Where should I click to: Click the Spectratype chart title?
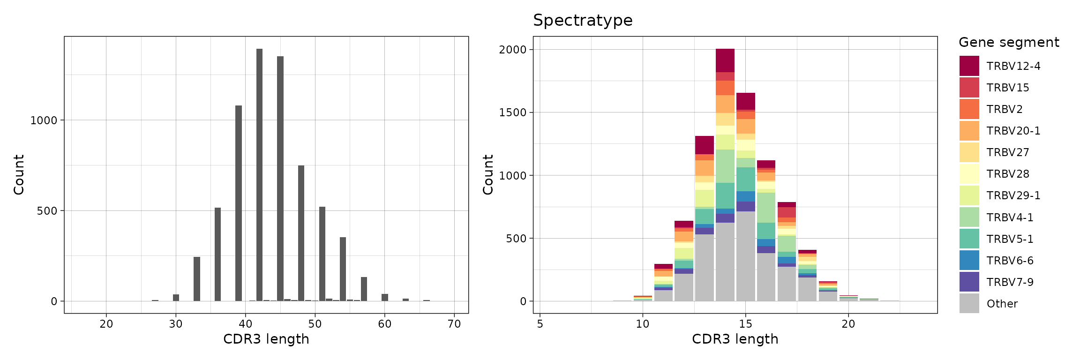583,21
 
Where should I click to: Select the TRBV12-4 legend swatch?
969,66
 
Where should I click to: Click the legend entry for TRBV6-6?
1010,261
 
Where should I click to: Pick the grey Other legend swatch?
969,304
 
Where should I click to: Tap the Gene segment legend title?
1009,43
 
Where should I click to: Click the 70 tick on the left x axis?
454,324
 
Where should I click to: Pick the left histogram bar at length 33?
197,279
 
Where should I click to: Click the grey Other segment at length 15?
745,256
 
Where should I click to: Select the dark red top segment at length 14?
725,60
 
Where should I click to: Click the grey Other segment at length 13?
705,268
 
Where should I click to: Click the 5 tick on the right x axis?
540,324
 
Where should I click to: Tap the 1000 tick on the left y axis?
43,120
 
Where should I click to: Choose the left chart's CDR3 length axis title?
266,339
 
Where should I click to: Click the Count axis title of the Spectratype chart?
488,175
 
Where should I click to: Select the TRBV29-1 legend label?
1013,195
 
